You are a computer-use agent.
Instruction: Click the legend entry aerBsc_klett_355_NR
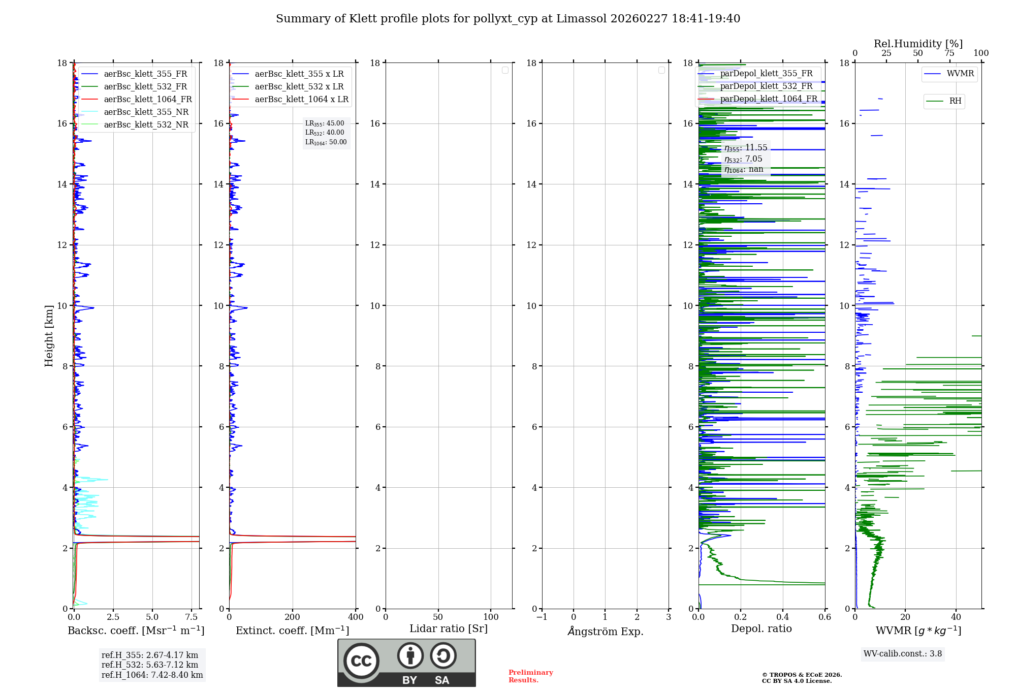pyautogui.click(x=146, y=112)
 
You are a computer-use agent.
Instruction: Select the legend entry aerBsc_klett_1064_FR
pyautogui.click(x=147, y=99)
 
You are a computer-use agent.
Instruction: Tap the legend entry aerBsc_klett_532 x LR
pyautogui.click(x=299, y=86)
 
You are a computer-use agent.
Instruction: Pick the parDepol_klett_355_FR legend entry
pyautogui.click(x=766, y=74)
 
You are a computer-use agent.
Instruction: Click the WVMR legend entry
pyautogui.click(x=960, y=74)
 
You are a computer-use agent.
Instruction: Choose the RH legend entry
pyautogui.click(x=955, y=101)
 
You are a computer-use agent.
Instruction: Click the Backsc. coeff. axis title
pyautogui.click(x=136, y=631)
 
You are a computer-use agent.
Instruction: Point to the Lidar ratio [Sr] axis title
pyautogui.click(x=449, y=629)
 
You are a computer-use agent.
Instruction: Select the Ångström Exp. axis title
pyautogui.click(x=606, y=631)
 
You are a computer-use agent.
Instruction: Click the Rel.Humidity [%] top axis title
pyautogui.click(x=918, y=44)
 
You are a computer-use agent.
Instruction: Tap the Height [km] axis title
pyautogui.click(x=49, y=336)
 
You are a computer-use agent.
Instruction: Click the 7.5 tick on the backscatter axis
pyautogui.click(x=192, y=617)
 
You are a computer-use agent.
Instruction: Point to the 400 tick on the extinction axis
pyautogui.click(x=356, y=617)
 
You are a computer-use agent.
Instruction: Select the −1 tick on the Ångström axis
pyautogui.click(x=542, y=617)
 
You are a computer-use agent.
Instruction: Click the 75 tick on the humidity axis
pyautogui.click(x=949, y=53)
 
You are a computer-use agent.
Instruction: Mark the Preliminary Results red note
pyautogui.click(x=530, y=676)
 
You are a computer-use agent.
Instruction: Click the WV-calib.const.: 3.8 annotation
pyautogui.click(x=903, y=654)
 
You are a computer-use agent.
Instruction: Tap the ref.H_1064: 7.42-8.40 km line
pyautogui.click(x=152, y=675)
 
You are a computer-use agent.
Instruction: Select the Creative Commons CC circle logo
pyautogui.click(x=361, y=661)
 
